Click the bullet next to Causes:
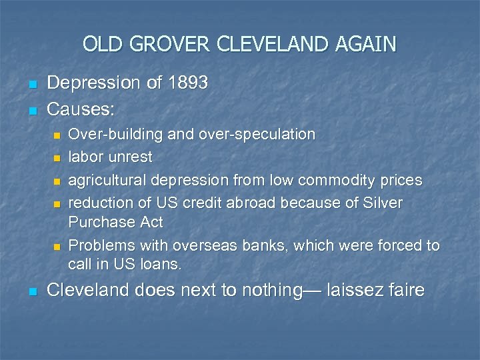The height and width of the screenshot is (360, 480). [x=31, y=109]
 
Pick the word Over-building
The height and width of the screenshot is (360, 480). [x=116, y=134]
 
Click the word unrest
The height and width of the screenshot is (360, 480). [x=132, y=157]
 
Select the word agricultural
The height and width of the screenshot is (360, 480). [x=108, y=180]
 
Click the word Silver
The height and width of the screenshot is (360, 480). [x=381, y=203]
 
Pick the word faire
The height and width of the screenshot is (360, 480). [x=403, y=290]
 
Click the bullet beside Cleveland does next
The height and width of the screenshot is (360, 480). [x=31, y=292]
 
